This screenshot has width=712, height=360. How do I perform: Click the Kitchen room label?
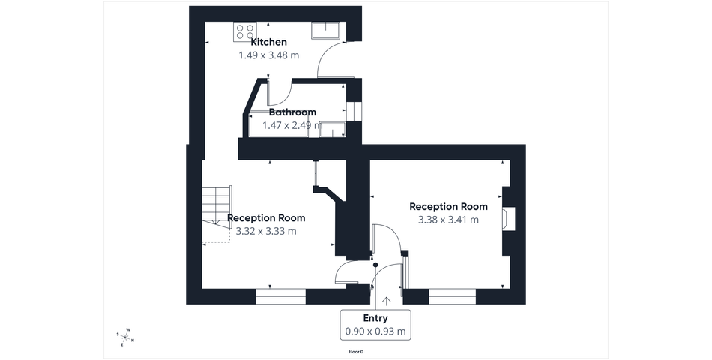click(269, 42)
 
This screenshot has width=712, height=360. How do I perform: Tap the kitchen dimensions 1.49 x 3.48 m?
click(269, 55)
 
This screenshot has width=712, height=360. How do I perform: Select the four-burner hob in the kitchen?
click(244, 31)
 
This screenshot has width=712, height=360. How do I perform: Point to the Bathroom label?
click(292, 112)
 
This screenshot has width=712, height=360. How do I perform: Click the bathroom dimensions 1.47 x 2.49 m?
click(292, 125)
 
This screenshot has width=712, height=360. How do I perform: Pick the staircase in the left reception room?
click(217, 214)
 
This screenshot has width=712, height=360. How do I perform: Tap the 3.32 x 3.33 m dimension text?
click(266, 231)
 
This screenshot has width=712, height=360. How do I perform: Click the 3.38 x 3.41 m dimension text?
click(448, 220)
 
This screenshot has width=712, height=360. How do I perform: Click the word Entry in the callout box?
click(375, 318)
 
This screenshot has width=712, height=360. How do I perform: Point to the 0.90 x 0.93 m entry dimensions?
click(375, 331)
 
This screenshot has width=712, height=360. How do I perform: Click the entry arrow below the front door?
click(387, 301)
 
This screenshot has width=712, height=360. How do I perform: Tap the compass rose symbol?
click(125, 337)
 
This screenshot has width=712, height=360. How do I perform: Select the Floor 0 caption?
click(356, 351)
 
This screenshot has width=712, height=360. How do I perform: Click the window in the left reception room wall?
click(280, 296)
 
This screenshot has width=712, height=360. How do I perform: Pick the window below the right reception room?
click(452, 296)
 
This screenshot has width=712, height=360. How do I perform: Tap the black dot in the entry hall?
click(375, 265)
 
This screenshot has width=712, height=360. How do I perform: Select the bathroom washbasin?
click(332, 129)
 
